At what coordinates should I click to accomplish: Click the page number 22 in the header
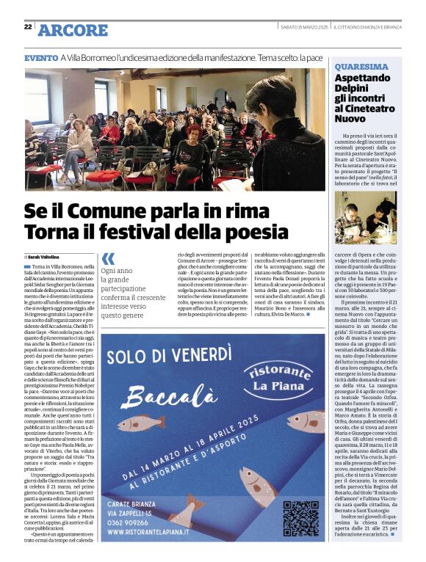pos(28,26)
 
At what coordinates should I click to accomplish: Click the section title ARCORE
pos(73,30)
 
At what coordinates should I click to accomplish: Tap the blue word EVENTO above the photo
pos(40,57)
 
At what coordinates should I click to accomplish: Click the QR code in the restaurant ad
pos(300,517)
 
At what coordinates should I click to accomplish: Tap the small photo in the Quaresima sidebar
pos(365,218)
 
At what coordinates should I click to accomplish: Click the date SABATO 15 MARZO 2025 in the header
pos(303,27)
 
